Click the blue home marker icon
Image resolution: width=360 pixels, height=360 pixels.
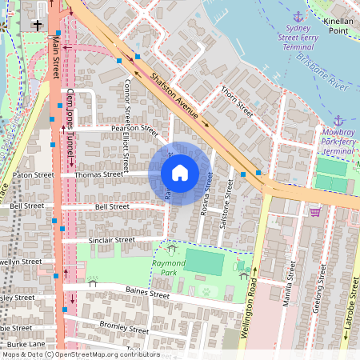point(180,172)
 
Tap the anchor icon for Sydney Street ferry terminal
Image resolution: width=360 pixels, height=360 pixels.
point(298,17)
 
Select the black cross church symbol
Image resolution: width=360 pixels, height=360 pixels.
point(38,26)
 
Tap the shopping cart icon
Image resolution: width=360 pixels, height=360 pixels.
point(314,212)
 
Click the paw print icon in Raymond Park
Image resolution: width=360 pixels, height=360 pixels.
point(207,291)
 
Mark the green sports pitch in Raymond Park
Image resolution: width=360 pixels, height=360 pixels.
point(206,262)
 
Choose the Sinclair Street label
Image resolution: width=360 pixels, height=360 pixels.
point(112,239)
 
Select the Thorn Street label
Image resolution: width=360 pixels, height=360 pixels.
point(237,102)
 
